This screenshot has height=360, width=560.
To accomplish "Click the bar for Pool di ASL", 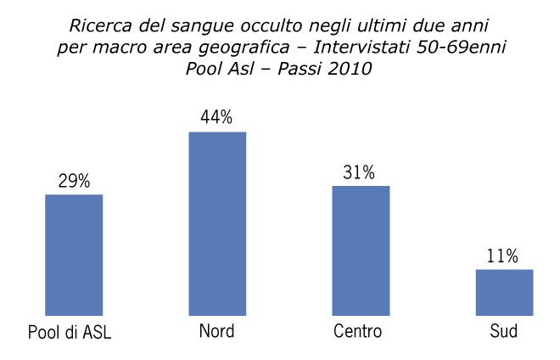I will [74, 255].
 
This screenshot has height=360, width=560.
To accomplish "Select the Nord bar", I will [217, 223].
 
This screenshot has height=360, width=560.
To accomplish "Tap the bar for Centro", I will [361, 250].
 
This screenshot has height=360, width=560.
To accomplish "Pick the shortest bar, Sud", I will [504, 292].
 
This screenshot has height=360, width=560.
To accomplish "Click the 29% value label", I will [74, 181].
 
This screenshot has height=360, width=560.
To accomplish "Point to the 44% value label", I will [217, 118].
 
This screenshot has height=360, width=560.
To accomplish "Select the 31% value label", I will [359, 172].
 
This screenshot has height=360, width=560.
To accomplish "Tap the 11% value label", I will [502, 256].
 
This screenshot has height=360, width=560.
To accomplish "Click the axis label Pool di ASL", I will [70, 332].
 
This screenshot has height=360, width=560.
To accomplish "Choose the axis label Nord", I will [216, 331].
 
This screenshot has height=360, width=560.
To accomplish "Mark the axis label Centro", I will [358, 331].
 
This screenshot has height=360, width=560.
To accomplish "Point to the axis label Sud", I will [503, 331].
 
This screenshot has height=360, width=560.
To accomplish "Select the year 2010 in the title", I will [347, 70].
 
